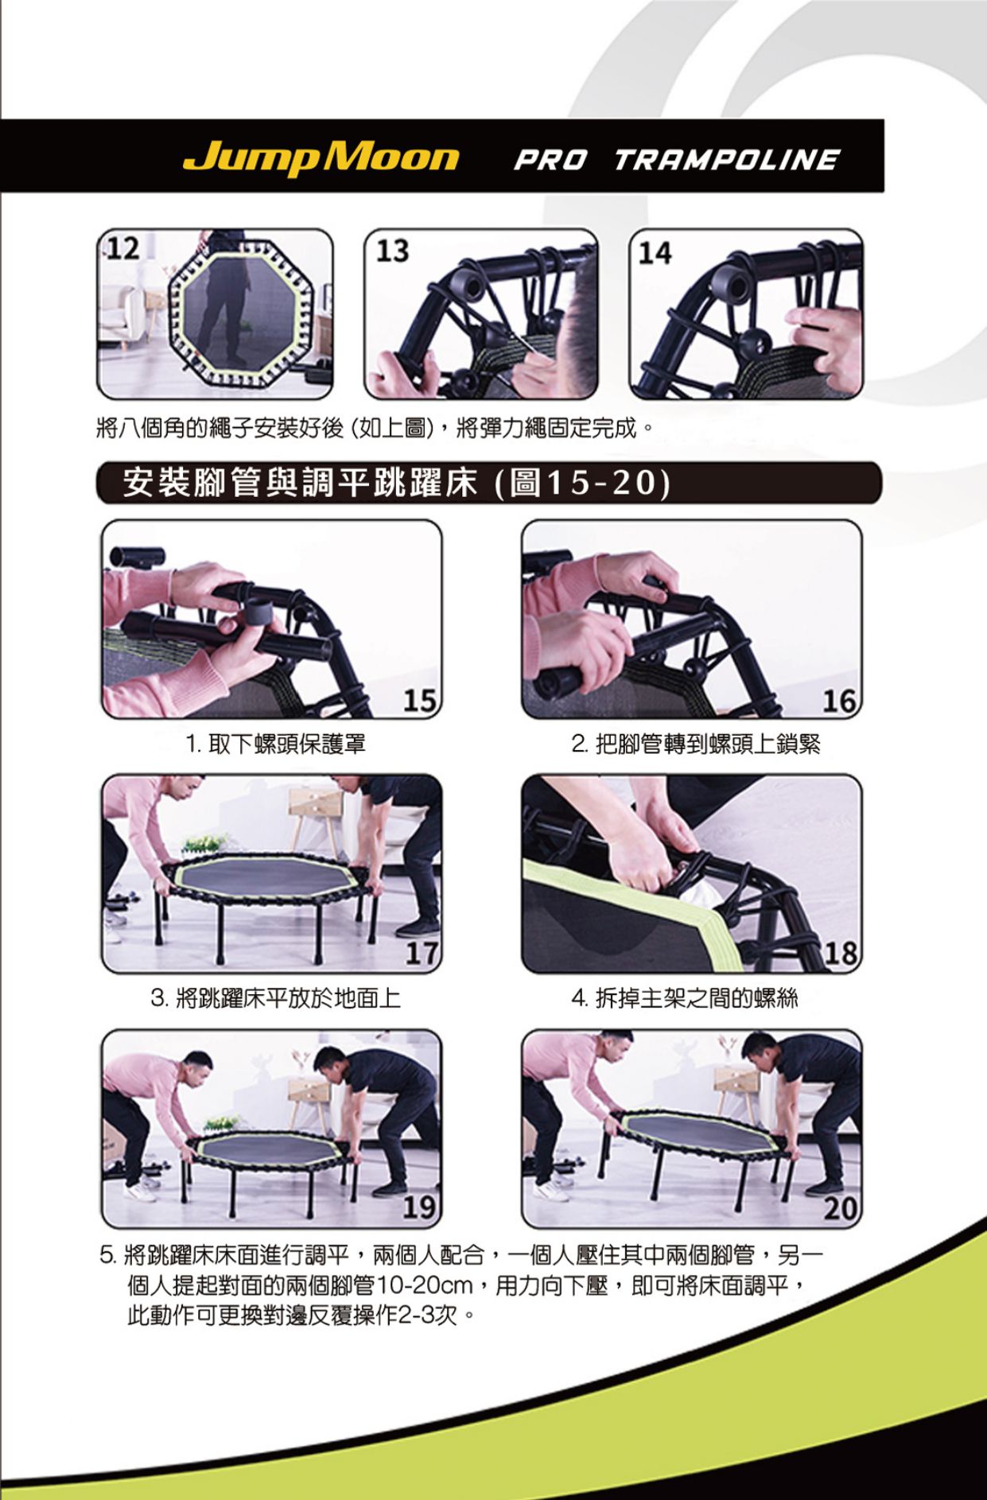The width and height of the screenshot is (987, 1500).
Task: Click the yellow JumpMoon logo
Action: (321, 157)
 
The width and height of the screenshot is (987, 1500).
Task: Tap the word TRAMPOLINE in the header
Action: (726, 160)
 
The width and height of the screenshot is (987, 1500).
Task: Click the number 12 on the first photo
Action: (123, 248)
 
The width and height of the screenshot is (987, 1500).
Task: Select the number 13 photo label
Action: (392, 251)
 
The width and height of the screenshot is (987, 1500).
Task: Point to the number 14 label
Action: (655, 253)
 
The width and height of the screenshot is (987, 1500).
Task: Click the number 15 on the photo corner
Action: (419, 700)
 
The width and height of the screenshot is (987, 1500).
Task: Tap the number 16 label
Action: (839, 701)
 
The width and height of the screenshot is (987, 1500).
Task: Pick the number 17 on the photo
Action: (421, 954)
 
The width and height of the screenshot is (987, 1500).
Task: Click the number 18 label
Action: (841, 954)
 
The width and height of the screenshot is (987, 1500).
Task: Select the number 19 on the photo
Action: (419, 1208)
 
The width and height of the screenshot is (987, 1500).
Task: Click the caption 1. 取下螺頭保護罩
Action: (275, 744)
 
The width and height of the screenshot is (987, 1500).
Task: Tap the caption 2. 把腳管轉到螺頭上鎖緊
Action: (695, 744)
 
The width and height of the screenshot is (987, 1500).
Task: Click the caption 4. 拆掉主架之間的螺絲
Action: (684, 997)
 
